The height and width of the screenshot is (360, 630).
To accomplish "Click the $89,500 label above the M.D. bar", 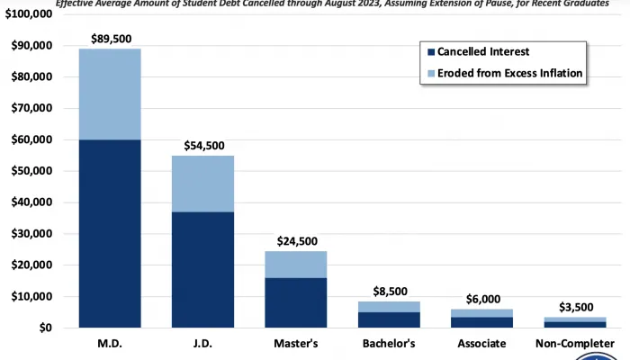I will (110, 39).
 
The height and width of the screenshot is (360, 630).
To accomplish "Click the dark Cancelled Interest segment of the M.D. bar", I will (110, 234).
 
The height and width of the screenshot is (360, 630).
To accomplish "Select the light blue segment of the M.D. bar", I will (110, 94).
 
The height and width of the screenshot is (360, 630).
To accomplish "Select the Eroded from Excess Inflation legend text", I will (510, 74).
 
